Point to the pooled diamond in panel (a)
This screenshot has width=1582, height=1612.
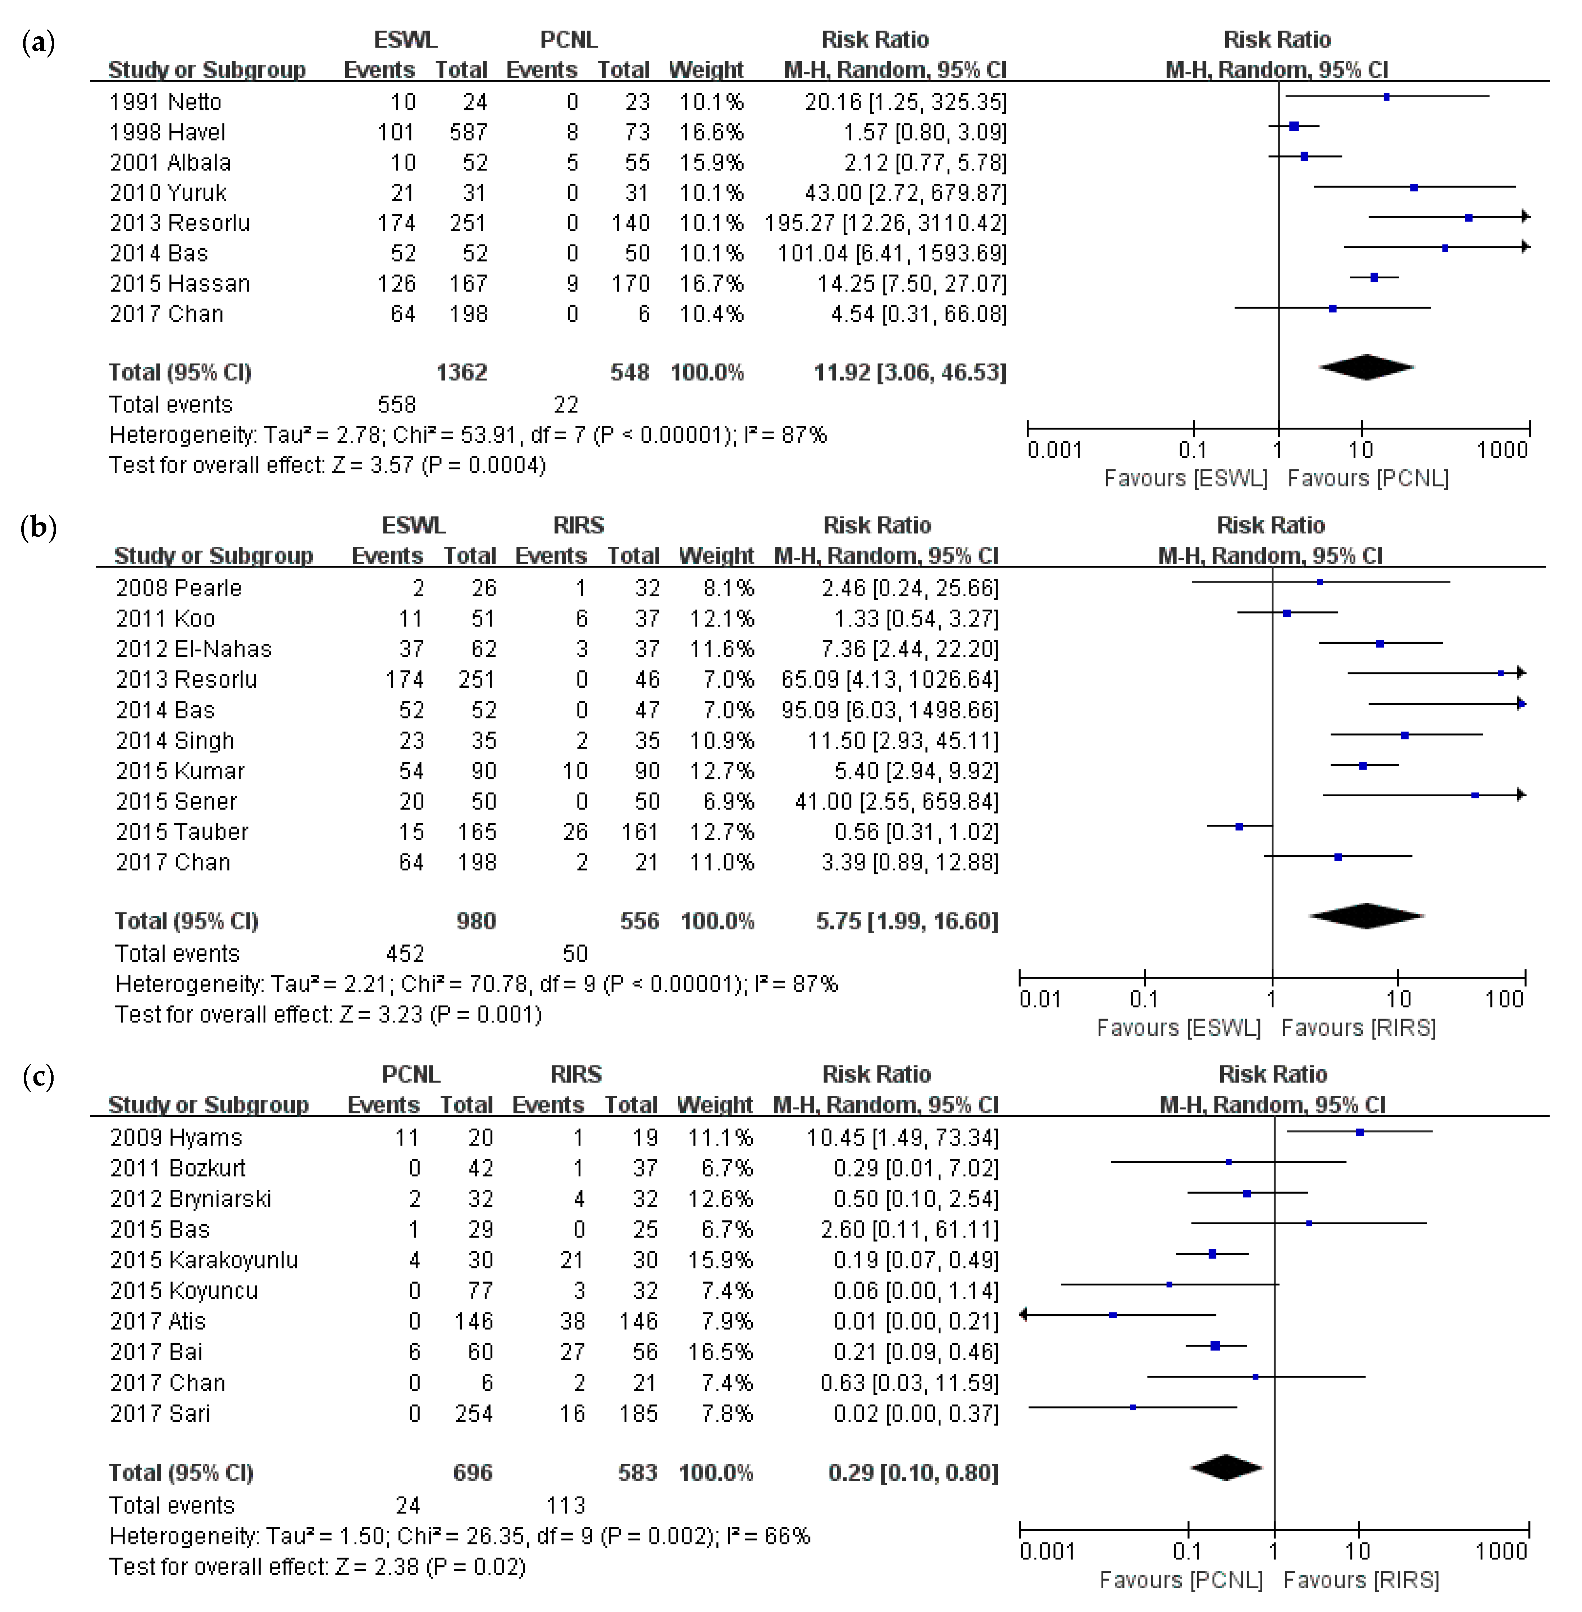tap(1366, 366)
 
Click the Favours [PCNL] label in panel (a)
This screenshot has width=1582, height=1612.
tap(1368, 479)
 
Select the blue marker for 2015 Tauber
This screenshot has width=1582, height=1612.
tap(1239, 827)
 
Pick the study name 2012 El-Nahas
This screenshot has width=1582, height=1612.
tap(193, 649)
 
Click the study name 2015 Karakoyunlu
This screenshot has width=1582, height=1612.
tap(204, 1261)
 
